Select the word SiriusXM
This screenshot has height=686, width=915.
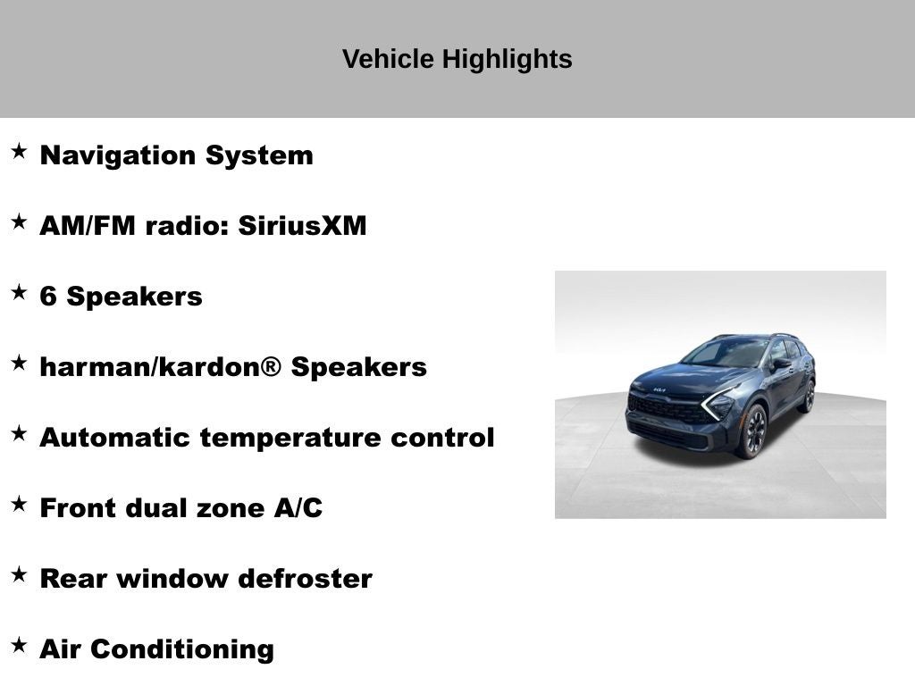click(302, 226)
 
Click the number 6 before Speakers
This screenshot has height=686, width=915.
click(48, 297)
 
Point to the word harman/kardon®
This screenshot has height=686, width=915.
click(160, 367)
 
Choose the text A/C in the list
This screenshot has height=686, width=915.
click(298, 508)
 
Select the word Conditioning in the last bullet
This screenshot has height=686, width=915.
click(182, 649)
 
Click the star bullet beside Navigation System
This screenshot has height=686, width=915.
click(19, 152)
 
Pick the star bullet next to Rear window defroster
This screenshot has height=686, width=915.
click(19, 575)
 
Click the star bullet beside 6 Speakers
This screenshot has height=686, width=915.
click(19, 293)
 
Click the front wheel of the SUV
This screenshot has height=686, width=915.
click(751, 431)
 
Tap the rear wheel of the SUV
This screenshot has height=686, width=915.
click(809, 396)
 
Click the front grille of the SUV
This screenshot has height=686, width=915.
click(668, 410)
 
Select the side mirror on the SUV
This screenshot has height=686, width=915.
click(782, 364)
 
